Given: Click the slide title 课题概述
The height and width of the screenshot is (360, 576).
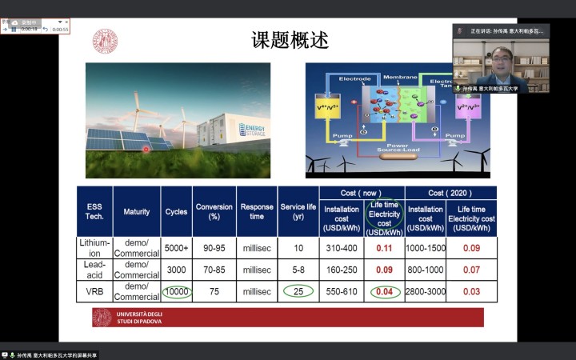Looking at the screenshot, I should tap(290, 40).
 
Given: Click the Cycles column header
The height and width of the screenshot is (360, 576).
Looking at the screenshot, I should tap(177, 211).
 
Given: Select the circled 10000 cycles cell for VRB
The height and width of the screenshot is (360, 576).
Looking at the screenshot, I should tap(177, 291).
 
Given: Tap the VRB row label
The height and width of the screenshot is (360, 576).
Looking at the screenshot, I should tap(94, 291).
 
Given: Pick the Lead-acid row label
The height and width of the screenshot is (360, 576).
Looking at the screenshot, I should tap(94, 270).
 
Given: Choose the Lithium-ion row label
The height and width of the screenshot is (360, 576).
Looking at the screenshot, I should tap(94, 248).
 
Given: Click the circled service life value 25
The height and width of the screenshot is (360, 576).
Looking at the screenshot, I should tap(298, 291).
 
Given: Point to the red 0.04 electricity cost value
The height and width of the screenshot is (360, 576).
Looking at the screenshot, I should tap(384, 291).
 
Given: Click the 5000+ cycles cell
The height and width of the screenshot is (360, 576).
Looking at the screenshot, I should tap(177, 248).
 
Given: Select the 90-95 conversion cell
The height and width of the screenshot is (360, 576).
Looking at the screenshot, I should tap(214, 248).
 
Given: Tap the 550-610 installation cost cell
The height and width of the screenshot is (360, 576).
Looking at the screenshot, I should tap(342, 291).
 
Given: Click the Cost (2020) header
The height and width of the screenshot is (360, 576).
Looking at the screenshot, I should tap(450, 193).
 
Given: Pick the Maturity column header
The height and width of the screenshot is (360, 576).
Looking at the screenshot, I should tap(136, 211).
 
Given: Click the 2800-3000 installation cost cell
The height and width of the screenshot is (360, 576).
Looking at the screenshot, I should tap(426, 291).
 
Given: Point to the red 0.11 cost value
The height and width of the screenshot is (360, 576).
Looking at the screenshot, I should tap(384, 248).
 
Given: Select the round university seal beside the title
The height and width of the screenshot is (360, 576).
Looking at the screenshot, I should tap(105, 42).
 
